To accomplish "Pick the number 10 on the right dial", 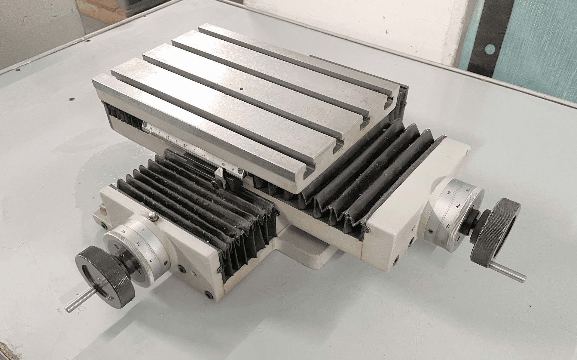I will pos(448,192).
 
